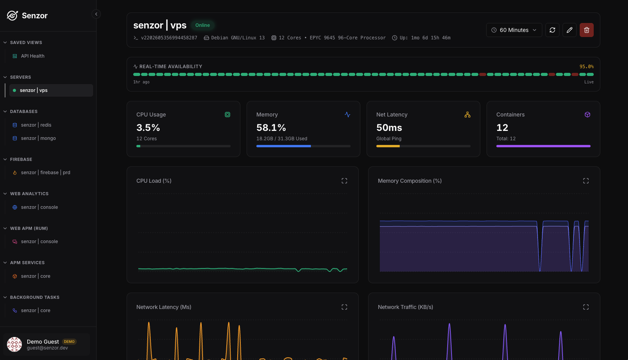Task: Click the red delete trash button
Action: (x=586, y=30)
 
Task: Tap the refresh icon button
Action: (x=552, y=30)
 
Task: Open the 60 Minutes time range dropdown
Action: (x=514, y=30)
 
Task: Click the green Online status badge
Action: (x=203, y=25)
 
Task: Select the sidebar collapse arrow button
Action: (x=96, y=14)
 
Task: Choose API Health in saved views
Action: (x=32, y=56)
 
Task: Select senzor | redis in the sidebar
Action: (x=36, y=125)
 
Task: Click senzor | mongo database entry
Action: (x=38, y=138)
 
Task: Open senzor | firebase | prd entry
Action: (x=46, y=173)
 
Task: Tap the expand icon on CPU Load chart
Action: (x=344, y=181)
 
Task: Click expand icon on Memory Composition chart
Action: (x=586, y=181)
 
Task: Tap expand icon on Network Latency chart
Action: (x=344, y=307)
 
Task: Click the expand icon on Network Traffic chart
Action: (x=586, y=307)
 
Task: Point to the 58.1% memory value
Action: (x=271, y=127)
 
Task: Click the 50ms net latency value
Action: (x=389, y=127)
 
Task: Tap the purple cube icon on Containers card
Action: (x=587, y=115)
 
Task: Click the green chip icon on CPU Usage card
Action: (x=228, y=115)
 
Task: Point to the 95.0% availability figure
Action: (x=586, y=67)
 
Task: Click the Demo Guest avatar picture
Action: (x=14, y=344)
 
